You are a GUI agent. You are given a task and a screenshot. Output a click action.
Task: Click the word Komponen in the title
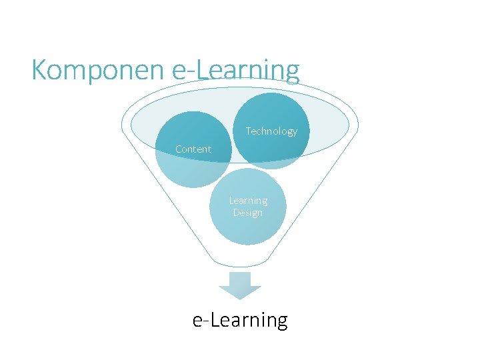coord(99,69)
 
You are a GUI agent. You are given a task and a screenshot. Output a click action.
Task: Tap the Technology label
coord(271,131)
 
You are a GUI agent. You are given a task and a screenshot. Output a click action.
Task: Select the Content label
coord(193,149)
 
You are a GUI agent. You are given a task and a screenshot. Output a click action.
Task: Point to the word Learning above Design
coord(248,201)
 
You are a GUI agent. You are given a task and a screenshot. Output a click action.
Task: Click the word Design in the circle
coord(248,213)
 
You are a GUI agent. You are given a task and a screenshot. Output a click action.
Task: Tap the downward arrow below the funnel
coord(240,285)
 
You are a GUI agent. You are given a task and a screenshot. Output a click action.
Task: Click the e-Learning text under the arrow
coord(240,321)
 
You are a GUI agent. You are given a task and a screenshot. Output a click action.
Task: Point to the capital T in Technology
coord(249,131)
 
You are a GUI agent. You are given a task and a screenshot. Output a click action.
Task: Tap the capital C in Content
coord(179,149)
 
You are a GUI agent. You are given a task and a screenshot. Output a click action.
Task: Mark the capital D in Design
coord(236,213)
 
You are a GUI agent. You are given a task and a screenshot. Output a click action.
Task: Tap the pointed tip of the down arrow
coord(240,299)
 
